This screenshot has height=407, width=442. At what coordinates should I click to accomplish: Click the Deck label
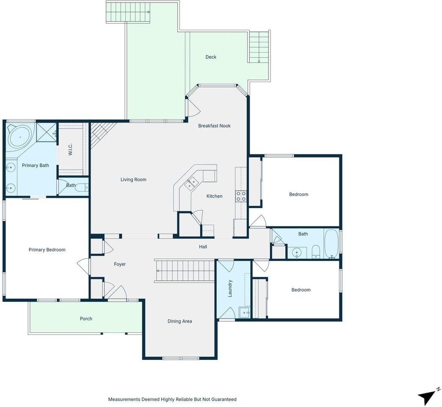(211, 57)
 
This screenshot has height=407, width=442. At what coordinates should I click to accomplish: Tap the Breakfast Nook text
(214, 126)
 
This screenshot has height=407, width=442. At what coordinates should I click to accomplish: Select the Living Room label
(133, 179)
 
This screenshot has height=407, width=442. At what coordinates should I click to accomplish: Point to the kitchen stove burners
(241, 196)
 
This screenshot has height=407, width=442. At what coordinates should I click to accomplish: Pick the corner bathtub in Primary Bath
(20, 137)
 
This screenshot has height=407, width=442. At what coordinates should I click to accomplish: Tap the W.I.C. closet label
(70, 149)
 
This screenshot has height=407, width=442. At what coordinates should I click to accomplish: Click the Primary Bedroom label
(47, 250)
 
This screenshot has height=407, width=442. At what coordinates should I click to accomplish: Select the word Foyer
(120, 264)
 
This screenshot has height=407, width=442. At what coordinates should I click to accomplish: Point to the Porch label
(86, 319)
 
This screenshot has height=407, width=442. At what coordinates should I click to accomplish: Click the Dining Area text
(180, 321)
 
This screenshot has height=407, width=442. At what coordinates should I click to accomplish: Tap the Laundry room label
(230, 288)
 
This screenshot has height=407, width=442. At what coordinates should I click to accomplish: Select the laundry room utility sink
(244, 312)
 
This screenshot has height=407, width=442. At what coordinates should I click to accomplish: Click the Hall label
(203, 247)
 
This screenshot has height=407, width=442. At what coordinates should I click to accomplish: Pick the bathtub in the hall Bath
(331, 244)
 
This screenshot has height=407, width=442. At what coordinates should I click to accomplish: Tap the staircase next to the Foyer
(185, 270)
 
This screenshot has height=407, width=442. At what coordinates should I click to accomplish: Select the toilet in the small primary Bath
(83, 187)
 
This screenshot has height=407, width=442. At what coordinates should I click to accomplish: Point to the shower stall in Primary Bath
(46, 133)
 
